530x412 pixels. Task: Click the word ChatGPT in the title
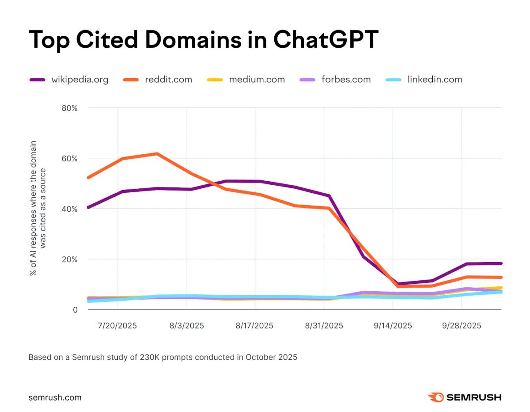pyautogui.click(x=326, y=39)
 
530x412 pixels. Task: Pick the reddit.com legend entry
pyautogui.click(x=157, y=80)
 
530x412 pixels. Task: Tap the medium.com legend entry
pyautogui.click(x=246, y=80)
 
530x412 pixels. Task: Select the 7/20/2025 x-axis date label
pyautogui.click(x=118, y=326)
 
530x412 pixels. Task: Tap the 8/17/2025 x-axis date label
pyautogui.click(x=255, y=326)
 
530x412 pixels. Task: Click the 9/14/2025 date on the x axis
pyautogui.click(x=393, y=326)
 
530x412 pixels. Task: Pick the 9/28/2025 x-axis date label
pyautogui.click(x=462, y=326)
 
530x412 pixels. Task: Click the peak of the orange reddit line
pyautogui.click(x=157, y=154)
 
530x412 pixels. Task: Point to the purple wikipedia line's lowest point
pyautogui.click(x=398, y=284)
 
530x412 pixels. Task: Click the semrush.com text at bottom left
pyautogui.click(x=55, y=397)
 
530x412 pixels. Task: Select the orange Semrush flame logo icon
pyautogui.click(x=435, y=397)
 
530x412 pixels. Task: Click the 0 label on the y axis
pyautogui.click(x=75, y=309)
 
